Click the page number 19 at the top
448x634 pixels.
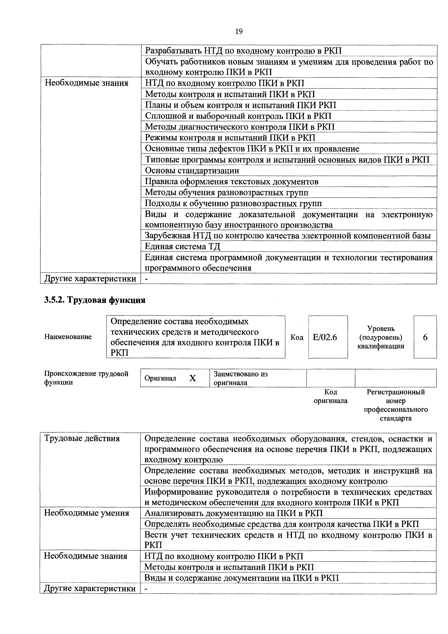pyautogui.click(x=239, y=31)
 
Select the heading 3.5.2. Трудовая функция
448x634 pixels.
pyautogui.click(x=95, y=300)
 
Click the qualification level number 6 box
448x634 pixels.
pyautogui.click(x=425, y=337)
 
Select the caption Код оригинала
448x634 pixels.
pyautogui.click(x=330, y=396)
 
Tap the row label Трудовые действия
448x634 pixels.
pyautogui.click(x=82, y=438)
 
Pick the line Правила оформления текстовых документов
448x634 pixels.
pyautogui.click(x=232, y=181)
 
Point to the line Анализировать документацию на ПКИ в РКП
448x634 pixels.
pyautogui.click(x=234, y=513)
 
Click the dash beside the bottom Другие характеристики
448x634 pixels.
pyautogui.click(x=146, y=589)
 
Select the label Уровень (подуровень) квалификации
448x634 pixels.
pyautogui.click(x=381, y=337)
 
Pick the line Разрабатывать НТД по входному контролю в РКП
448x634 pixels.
pyautogui.click(x=243, y=51)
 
